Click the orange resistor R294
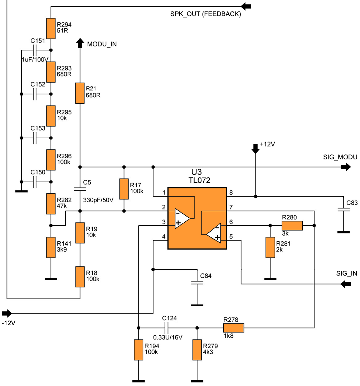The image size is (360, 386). (51, 28)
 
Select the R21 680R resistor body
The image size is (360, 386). (80, 93)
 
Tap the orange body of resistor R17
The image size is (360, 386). (124, 189)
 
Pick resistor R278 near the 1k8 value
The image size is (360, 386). (234, 328)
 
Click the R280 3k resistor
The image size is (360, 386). (292, 226)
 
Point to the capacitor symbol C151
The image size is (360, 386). (34, 50)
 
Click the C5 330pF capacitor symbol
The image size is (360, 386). (80, 189)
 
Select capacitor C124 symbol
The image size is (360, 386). (166, 328)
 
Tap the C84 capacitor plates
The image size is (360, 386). (197, 282)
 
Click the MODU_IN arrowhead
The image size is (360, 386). (80, 43)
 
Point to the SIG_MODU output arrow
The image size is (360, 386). (346, 167)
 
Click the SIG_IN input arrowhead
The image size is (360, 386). (345, 284)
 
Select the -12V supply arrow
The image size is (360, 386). (7, 313)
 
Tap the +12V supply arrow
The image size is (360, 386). (256, 149)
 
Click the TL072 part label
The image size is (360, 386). (199, 180)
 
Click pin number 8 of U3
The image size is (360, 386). (231, 193)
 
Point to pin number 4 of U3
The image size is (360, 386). (164, 237)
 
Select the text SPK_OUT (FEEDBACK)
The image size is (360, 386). (205, 14)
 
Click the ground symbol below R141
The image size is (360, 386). (51, 279)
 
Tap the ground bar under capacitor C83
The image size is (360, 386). (344, 232)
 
